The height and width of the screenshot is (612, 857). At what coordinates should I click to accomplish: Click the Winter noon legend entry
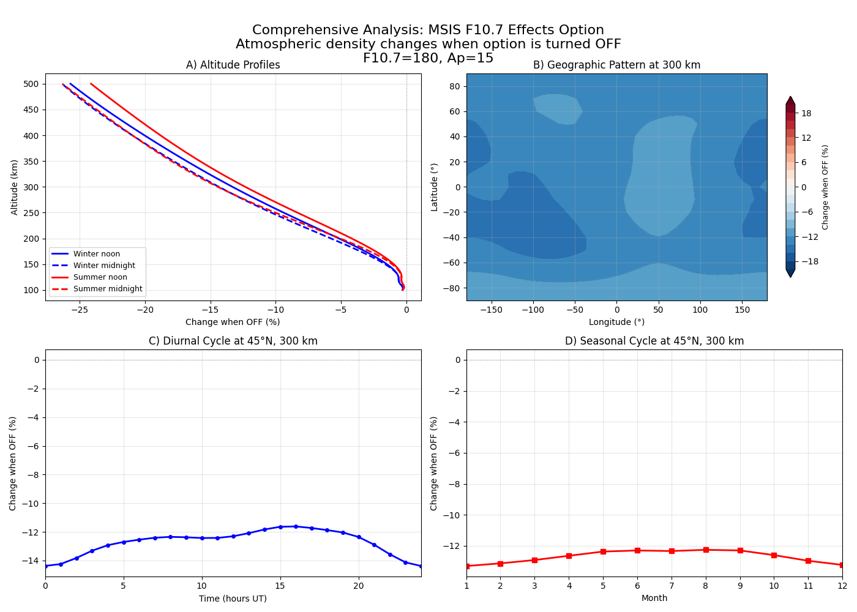click(96, 254)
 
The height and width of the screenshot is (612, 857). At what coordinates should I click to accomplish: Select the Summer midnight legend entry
click(107, 289)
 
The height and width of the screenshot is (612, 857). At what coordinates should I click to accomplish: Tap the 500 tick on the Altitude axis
click(31, 84)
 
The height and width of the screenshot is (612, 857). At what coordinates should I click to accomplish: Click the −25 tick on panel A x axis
click(80, 310)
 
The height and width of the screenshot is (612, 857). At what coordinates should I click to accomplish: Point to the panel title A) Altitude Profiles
click(233, 65)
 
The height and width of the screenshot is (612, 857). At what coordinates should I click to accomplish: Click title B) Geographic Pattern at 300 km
click(616, 65)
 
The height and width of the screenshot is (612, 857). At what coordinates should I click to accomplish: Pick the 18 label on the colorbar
click(806, 113)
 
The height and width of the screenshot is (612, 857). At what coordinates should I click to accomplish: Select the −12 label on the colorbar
click(809, 237)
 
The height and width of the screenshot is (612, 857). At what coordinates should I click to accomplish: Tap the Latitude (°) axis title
click(435, 187)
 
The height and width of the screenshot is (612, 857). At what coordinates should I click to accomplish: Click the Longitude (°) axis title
click(616, 322)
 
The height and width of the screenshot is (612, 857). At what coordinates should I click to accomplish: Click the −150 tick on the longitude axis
click(491, 310)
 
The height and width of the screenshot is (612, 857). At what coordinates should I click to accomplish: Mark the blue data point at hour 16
click(296, 526)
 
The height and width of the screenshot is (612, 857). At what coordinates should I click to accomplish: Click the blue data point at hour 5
click(124, 542)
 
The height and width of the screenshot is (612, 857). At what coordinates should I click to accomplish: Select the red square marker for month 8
click(706, 550)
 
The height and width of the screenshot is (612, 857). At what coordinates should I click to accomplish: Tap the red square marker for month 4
click(569, 556)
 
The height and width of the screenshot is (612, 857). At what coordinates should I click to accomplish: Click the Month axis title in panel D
click(654, 598)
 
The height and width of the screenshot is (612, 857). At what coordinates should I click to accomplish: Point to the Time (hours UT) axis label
click(233, 599)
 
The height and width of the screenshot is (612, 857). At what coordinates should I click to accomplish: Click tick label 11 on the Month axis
click(808, 586)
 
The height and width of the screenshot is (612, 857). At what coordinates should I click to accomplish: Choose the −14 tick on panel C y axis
click(32, 561)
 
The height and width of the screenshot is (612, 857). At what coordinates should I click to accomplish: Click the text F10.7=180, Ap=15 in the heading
click(428, 58)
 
